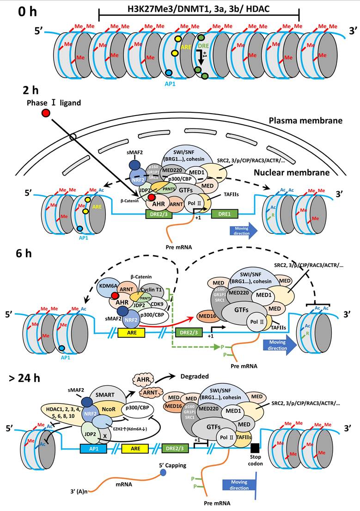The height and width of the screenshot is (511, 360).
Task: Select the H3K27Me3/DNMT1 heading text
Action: [199, 10]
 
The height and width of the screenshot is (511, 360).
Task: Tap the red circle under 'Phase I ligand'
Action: [46, 113]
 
